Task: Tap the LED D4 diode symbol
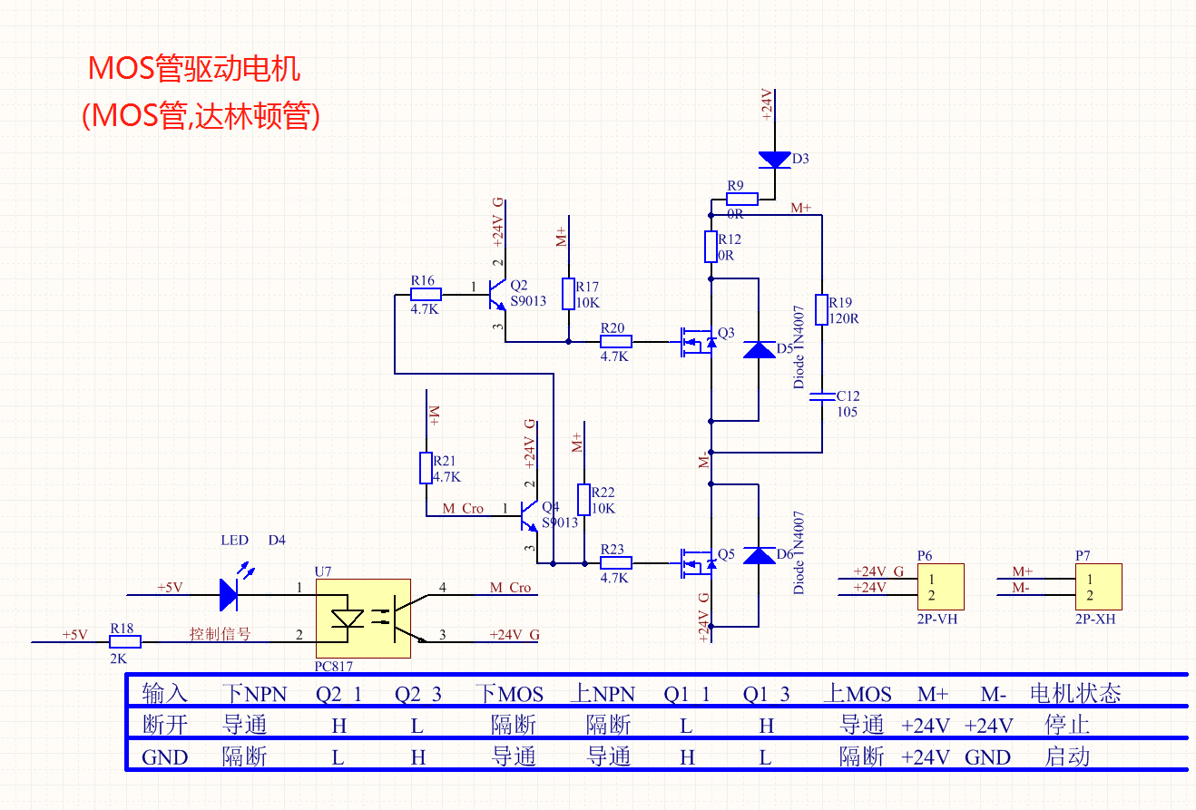[x=230, y=595]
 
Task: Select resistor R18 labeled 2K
[x=126, y=642]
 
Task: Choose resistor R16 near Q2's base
[x=426, y=294]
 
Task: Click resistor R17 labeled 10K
[x=568, y=294]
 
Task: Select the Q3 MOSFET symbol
[x=697, y=342]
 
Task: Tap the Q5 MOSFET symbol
[x=697, y=562]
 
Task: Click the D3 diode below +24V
[x=774, y=160]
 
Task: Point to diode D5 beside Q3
[x=759, y=350]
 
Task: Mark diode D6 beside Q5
[x=759, y=555]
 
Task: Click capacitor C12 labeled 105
[x=822, y=396]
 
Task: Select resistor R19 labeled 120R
[x=822, y=309]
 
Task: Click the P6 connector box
[x=940, y=586]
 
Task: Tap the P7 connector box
[x=1098, y=586]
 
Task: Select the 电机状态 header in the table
[x=1075, y=694]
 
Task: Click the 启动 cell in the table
[x=1067, y=756]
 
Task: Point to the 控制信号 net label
[x=220, y=634]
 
